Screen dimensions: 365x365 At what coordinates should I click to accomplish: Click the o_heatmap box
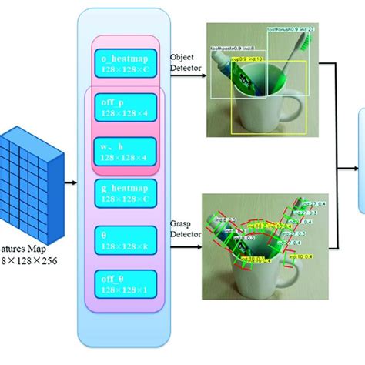click(x=124, y=59)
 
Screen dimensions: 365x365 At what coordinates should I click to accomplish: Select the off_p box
click(x=124, y=106)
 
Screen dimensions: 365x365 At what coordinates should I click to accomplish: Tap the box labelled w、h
click(x=124, y=151)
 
